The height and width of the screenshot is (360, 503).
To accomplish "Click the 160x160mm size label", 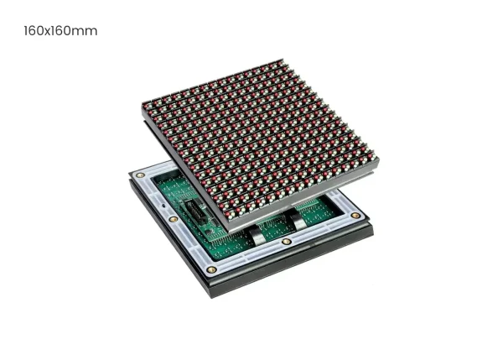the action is [x=60, y=31].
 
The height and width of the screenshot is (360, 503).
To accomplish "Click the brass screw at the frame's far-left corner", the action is [x=140, y=175].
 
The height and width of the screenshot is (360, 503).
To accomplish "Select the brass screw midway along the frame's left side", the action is [x=174, y=219].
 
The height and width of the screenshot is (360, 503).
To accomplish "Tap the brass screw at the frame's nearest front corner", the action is [x=211, y=269].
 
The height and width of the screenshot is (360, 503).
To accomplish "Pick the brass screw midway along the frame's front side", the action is [x=287, y=242].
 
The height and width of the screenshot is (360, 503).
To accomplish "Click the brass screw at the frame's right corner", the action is [x=355, y=215].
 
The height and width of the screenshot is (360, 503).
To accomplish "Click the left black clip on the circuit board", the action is [x=255, y=233].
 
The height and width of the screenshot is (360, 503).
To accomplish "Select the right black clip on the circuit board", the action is [x=295, y=218].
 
